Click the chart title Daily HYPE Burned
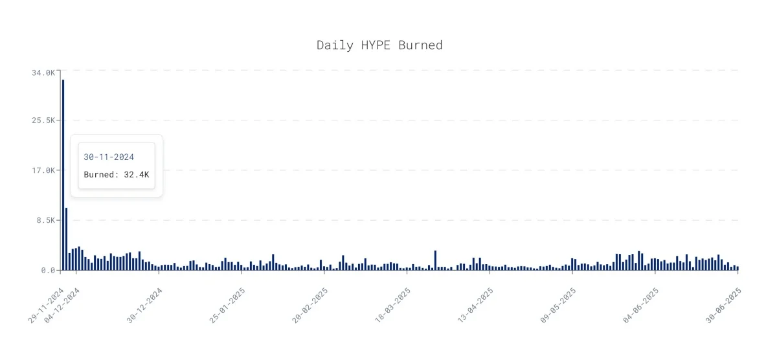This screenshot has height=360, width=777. (x=379, y=45)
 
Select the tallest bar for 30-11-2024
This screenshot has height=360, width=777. (x=63, y=175)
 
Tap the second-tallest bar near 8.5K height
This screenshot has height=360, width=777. (x=66, y=239)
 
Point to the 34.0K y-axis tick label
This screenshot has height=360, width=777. (x=43, y=73)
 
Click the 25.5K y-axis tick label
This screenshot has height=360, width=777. (x=43, y=120)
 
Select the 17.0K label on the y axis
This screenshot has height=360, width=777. (x=43, y=170)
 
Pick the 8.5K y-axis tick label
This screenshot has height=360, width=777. (x=46, y=220)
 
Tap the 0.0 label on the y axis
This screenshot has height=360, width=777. (x=48, y=270)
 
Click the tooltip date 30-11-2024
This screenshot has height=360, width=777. (x=109, y=157)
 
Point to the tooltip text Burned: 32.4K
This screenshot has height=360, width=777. (x=117, y=174)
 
